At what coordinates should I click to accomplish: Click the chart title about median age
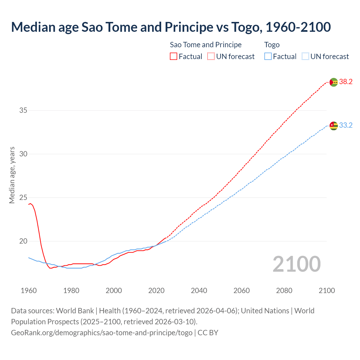click(x=171, y=27)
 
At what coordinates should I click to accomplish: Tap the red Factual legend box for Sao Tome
click(x=174, y=57)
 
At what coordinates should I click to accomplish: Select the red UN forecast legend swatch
click(x=211, y=57)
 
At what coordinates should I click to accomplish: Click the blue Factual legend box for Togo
click(x=268, y=57)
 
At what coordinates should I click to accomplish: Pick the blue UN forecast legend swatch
click(x=305, y=57)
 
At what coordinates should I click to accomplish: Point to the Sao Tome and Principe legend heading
click(x=206, y=45)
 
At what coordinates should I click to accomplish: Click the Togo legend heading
click(x=272, y=45)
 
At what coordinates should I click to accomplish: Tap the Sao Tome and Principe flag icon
click(x=334, y=82)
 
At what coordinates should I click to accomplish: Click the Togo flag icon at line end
click(x=334, y=125)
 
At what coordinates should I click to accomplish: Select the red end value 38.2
click(x=346, y=82)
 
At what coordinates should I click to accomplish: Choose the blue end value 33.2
click(x=346, y=125)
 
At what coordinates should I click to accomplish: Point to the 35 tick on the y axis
click(x=23, y=110)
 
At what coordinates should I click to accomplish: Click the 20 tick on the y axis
click(x=23, y=241)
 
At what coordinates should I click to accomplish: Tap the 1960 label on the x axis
click(x=29, y=291)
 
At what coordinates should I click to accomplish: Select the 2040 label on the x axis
click(x=199, y=291)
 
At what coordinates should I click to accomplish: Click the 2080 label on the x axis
click(x=284, y=291)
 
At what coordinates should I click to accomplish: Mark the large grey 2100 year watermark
click(x=296, y=264)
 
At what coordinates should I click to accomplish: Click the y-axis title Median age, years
click(x=12, y=175)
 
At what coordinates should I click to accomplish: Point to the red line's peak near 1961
click(x=30, y=203)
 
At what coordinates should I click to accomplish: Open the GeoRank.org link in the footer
click(x=102, y=333)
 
